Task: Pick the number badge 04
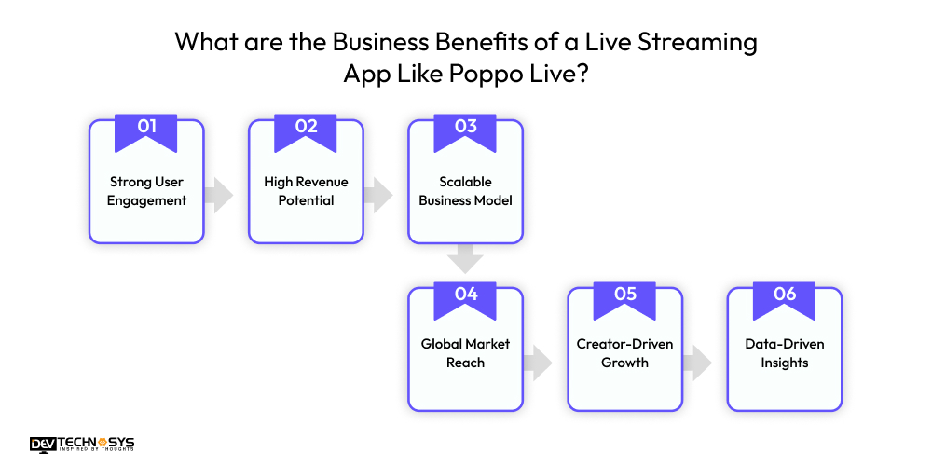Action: (466, 295)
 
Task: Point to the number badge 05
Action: (625, 295)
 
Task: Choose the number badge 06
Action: (785, 295)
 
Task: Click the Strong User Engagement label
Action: (146, 191)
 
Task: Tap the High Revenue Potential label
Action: (306, 191)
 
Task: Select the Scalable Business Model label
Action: (466, 191)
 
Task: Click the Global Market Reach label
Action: (466, 353)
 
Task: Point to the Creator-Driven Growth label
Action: (625, 353)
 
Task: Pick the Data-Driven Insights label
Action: (785, 353)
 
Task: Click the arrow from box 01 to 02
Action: (220, 195)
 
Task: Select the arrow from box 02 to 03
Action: (379, 195)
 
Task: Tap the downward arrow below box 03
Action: (466, 257)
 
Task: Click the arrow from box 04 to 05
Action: (539, 362)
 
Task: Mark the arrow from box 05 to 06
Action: (698, 362)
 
